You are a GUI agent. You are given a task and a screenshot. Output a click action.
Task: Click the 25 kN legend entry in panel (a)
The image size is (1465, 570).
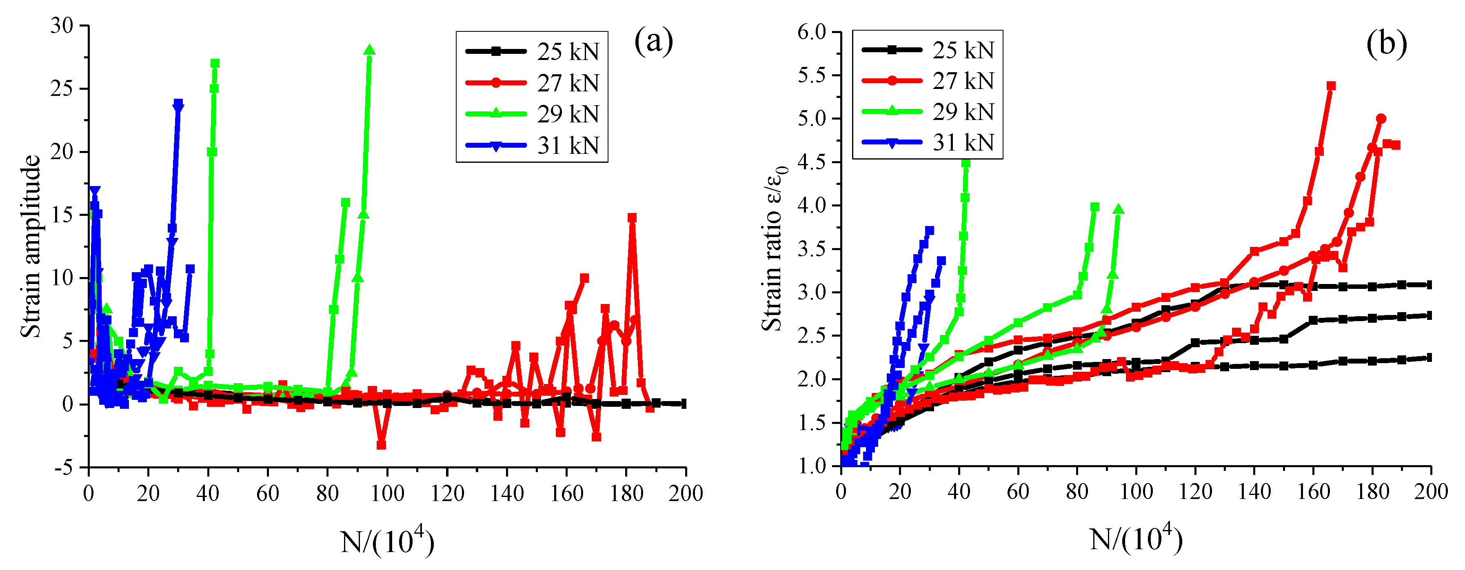(x=568, y=52)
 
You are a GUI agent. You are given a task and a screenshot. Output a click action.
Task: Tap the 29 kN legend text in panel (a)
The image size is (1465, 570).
(x=568, y=114)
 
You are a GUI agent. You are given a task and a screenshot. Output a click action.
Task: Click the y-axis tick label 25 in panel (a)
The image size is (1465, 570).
(x=62, y=89)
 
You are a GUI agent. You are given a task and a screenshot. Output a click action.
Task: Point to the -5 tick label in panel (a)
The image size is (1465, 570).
(x=64, y=468)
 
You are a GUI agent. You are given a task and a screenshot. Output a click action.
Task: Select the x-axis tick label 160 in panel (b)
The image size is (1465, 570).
(x=1313, y=491)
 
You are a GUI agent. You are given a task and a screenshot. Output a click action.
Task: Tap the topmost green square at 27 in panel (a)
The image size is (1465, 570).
(x=215, y=64)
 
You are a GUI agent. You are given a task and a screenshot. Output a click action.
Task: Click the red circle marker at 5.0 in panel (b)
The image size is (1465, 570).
(x=1381, y=118)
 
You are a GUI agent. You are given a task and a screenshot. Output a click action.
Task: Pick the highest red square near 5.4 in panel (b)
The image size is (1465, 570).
(x=1331, y=86)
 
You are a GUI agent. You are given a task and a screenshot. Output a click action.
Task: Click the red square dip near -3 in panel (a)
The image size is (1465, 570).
(x=382, y=445)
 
